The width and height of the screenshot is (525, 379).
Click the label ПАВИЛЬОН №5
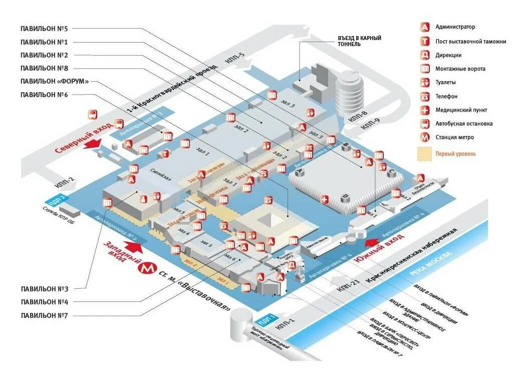[45, 29]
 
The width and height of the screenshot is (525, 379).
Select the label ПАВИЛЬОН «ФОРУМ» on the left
[55, 81]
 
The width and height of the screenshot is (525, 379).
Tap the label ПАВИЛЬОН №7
[45, 315]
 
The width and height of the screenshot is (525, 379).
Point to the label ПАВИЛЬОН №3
[45, 289]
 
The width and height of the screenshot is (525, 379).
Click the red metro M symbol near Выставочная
[147, 268]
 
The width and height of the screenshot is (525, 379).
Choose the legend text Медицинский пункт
[461, 110]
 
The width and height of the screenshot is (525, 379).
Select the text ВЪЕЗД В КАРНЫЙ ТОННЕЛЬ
[360, 41]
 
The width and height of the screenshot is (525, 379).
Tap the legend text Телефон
[446, 96]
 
